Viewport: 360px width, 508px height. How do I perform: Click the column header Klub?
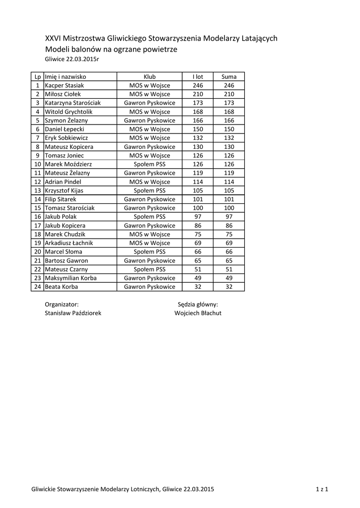149,77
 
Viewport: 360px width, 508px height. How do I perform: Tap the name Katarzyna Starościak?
72,103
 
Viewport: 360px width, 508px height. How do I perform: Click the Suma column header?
229,77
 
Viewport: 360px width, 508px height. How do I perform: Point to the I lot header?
198,77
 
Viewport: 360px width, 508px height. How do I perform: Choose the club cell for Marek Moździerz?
149,164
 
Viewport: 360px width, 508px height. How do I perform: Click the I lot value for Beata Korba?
198,287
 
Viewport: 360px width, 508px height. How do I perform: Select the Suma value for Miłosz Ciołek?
229,94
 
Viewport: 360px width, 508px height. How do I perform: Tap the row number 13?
37,190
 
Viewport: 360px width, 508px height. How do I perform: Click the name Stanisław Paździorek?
73,313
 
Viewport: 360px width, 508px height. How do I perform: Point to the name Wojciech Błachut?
198,313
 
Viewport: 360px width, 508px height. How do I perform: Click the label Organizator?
62,304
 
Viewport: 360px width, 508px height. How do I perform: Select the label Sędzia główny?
198,304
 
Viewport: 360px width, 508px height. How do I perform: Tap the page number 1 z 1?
322,489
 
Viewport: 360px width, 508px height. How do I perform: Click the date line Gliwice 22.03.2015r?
72,59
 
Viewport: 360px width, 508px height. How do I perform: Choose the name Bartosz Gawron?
66,260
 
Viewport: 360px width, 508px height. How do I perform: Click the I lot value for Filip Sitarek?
198,199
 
